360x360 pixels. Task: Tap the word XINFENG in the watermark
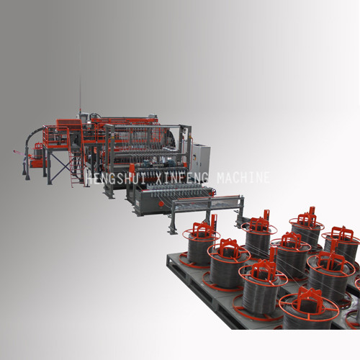pyautogui.click(x=182, y=179)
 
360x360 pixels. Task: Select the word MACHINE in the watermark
pyautogui.click(x=243, y=178)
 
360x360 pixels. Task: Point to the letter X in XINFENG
pyautogui.click(x=159, y=179)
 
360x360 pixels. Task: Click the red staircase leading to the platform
pyautogui.click(x=76, y=166)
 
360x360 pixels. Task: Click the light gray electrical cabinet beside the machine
pyautogui.click(x=201, y=157)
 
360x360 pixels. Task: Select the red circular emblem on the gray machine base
pyautogui.click(x=161, y=204)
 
